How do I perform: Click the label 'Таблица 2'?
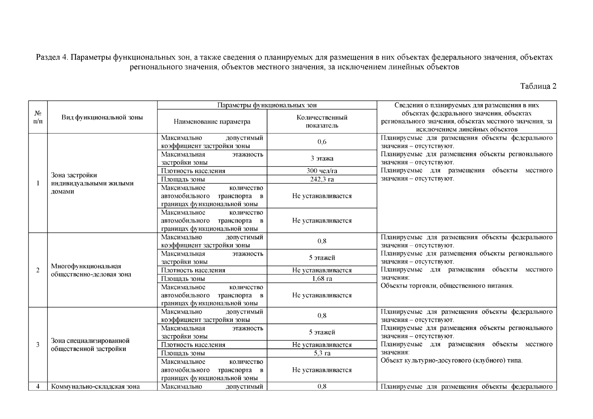coord(538,86)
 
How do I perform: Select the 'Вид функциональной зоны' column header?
coord(102,117)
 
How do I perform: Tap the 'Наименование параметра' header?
coord(212,122)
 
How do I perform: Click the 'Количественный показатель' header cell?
coord(322,122)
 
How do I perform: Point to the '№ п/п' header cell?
coord(38,117)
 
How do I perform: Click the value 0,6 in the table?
coord(322,142)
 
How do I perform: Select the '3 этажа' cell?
coord(322,158)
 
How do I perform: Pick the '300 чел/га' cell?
coord(322,171)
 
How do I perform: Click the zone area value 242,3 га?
coord(322,179)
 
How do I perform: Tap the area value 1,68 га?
coord(322,279)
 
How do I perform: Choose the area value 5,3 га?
coord(322,353)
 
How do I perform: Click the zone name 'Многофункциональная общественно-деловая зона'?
coord(91,270)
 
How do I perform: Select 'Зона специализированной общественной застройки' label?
coord(90,345)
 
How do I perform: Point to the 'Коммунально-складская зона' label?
coord(95,387)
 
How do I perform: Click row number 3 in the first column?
coord(38,345)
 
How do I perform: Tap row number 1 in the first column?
coord(38,183)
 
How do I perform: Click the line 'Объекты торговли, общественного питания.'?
coord(447,286)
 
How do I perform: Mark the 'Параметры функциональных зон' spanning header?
coord(267,105)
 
